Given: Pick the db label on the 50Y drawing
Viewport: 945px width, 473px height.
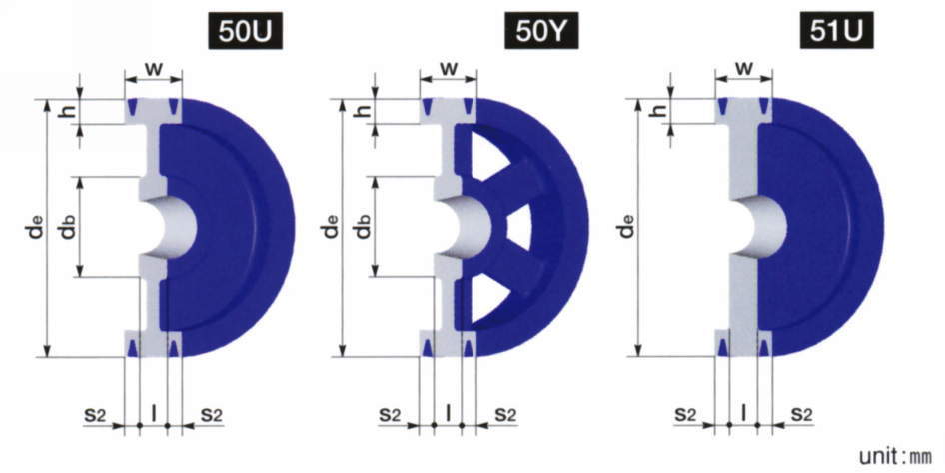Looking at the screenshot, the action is point(364,226).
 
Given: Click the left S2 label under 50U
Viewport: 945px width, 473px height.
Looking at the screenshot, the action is point(96,415).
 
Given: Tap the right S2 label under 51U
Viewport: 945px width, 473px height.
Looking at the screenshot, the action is point(801,415).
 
